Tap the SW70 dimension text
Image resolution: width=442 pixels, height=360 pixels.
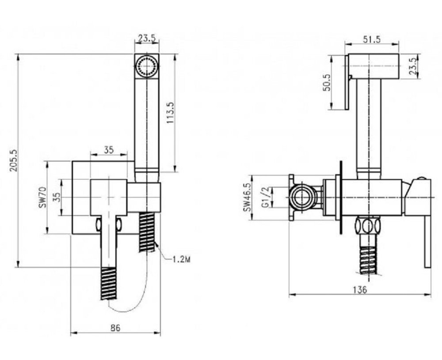pos(42,197)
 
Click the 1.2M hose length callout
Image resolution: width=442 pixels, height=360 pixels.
pos(180,260)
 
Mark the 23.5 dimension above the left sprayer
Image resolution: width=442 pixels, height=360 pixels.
pos(146,38)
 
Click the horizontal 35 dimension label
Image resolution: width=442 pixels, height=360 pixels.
pos(109,150)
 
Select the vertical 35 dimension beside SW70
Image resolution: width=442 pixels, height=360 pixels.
pos(55,197)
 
